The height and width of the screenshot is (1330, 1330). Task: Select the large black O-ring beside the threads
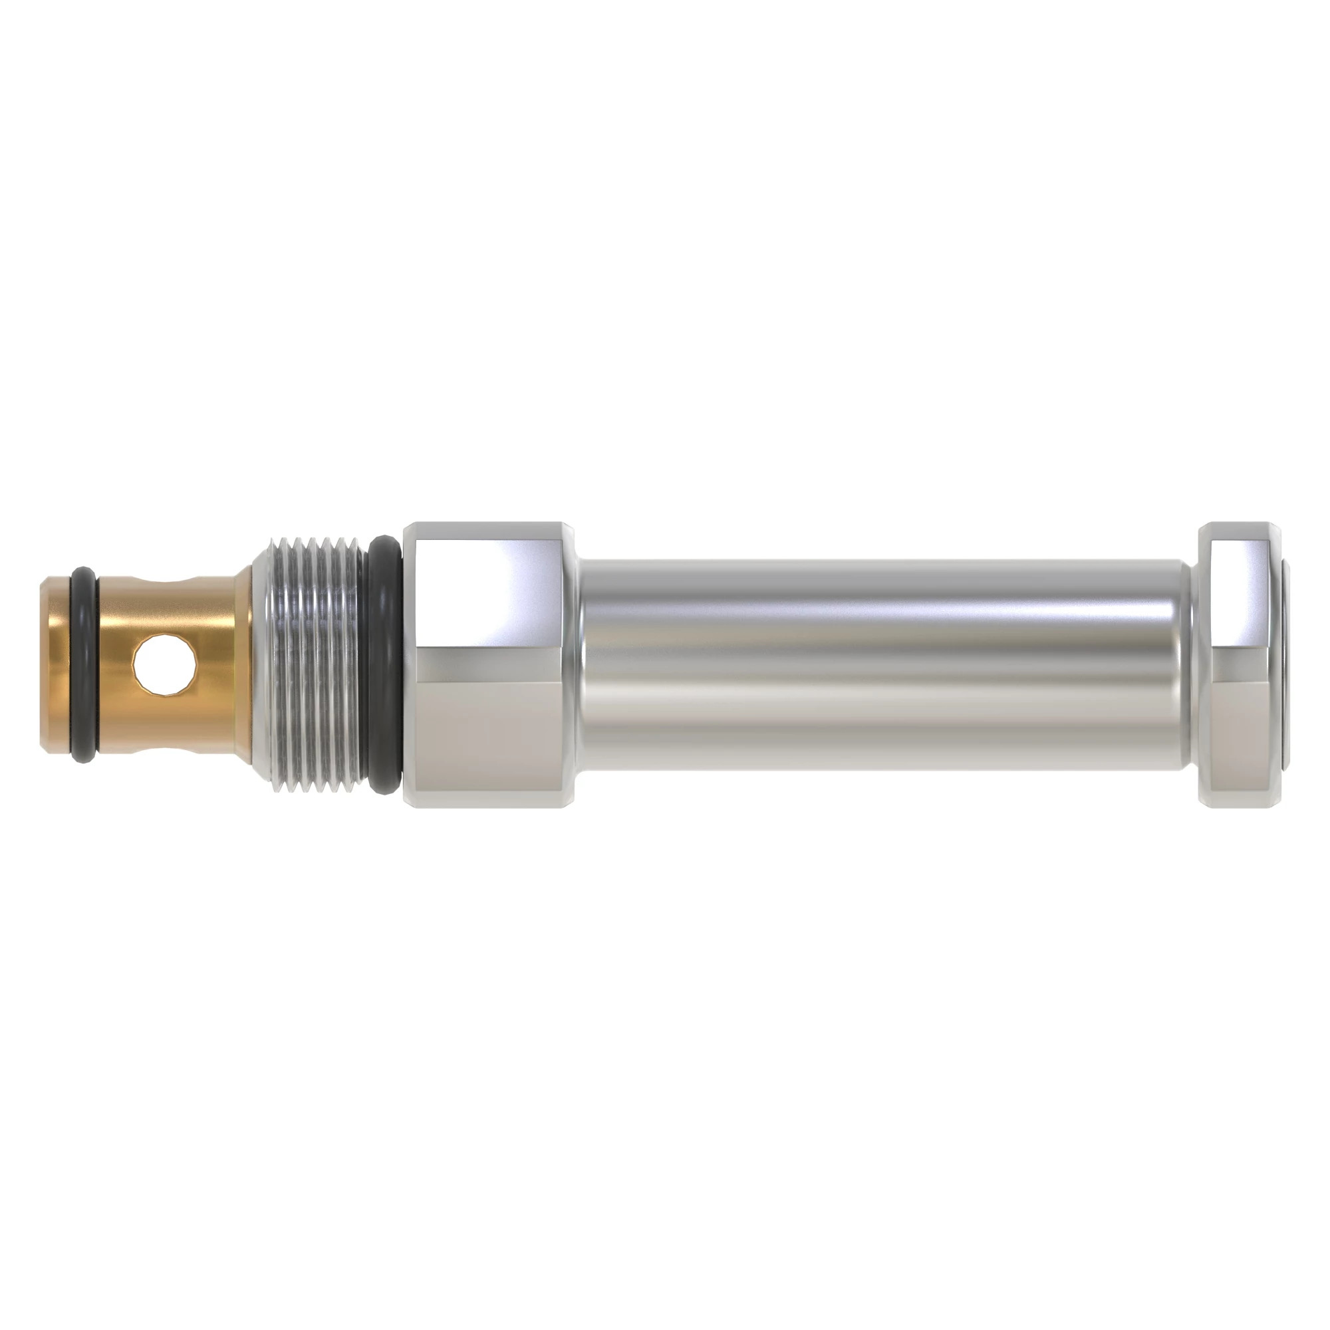[x=383, y=664]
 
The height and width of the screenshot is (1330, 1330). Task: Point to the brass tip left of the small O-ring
[x=55, y=664]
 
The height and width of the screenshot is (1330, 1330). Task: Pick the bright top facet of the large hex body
[x=489, y=592]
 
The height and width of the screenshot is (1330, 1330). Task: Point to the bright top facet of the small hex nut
[x=1239, y=592]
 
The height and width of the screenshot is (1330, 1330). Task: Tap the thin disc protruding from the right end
[x=1286, y=664]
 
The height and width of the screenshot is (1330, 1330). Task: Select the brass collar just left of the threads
[x=243, y=664]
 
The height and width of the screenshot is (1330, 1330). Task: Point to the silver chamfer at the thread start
[x=260, y=664]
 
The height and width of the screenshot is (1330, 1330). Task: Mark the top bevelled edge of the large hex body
[x=489, y=529]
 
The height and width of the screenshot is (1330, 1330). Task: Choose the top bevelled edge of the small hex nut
[x=1239, y=529]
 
